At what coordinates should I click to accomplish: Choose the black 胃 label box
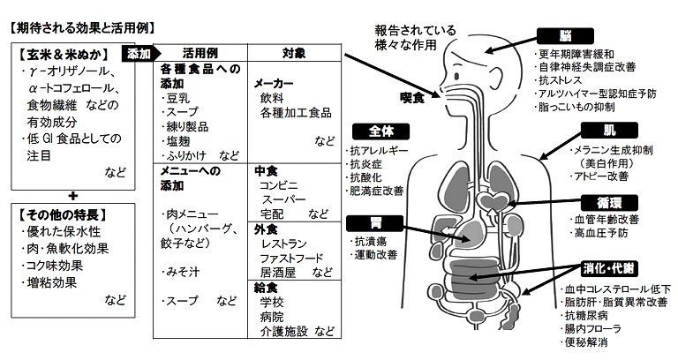coord(369,222)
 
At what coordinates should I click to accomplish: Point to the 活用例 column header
coord(200,51)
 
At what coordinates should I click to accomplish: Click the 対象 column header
coord(294,51)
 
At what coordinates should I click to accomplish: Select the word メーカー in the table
coord(275,82)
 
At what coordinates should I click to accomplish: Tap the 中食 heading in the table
coord(266,170)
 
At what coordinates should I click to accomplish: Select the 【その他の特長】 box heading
coord(59,214)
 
